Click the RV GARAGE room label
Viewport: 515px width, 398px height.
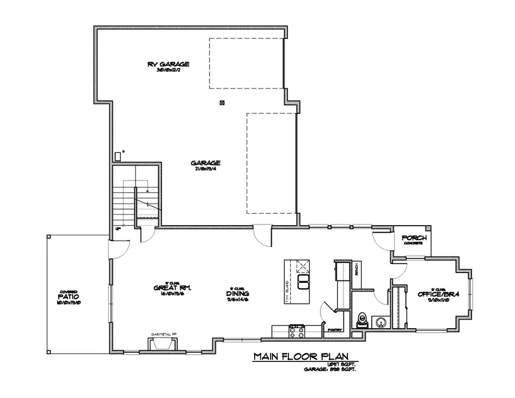[168, 64]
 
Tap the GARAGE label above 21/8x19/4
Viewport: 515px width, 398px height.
[205, 162]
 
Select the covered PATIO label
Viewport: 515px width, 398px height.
[68, 297]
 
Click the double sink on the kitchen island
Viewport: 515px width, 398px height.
[304, 282]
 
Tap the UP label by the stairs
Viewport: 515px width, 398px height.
[118, 228]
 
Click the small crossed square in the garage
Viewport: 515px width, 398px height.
[223, 103]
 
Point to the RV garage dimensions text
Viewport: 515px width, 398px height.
[168, 70]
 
